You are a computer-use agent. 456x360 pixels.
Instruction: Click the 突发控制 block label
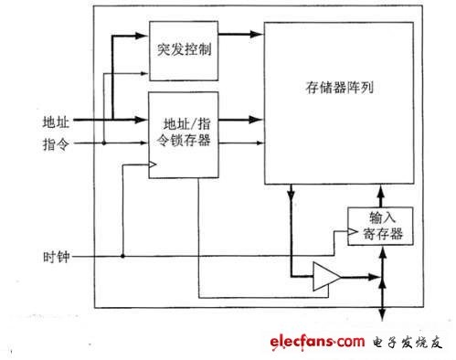click(184, 49)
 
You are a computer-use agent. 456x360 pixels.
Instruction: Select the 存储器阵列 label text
click(339, 88)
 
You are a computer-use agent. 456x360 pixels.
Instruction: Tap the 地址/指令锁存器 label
click(184, 132)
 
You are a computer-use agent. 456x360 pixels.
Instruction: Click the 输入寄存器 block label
click(383, 226)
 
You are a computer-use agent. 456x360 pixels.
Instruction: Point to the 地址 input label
click(56, 122)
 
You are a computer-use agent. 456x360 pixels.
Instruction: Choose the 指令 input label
click(56, 143)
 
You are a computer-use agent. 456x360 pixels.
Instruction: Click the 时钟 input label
click(57, 257)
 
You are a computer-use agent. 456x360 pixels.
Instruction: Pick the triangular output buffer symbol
click(327, 277)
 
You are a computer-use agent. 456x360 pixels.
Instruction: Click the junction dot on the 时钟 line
click(122, 256)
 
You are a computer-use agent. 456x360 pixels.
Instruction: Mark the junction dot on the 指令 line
click(104, 143)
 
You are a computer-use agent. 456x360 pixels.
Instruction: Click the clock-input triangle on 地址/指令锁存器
click(153, 164)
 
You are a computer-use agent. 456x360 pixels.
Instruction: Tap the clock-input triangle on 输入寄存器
click(353, 232)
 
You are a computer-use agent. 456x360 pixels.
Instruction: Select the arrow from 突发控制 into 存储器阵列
click(240, 34)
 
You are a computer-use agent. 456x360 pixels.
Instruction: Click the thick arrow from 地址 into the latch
click(111, 120)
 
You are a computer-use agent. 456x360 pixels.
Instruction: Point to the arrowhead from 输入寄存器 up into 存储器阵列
click(381, 191)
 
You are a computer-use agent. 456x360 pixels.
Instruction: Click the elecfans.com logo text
click(317, 342)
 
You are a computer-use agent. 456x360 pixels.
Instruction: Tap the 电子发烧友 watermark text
click(407, 343)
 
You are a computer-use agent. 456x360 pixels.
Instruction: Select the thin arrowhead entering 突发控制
click(143, 73)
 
